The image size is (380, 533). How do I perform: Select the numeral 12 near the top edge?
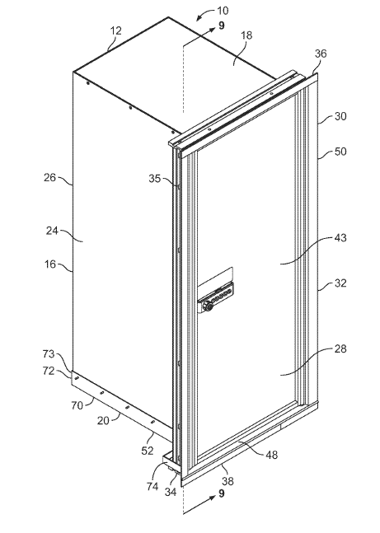pyautogui.click(x=115, y=30)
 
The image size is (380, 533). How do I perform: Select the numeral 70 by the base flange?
pyautogui.click(x=76, y=405)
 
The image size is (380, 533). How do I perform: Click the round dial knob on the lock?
pyautogui.click(x=208, y=306)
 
